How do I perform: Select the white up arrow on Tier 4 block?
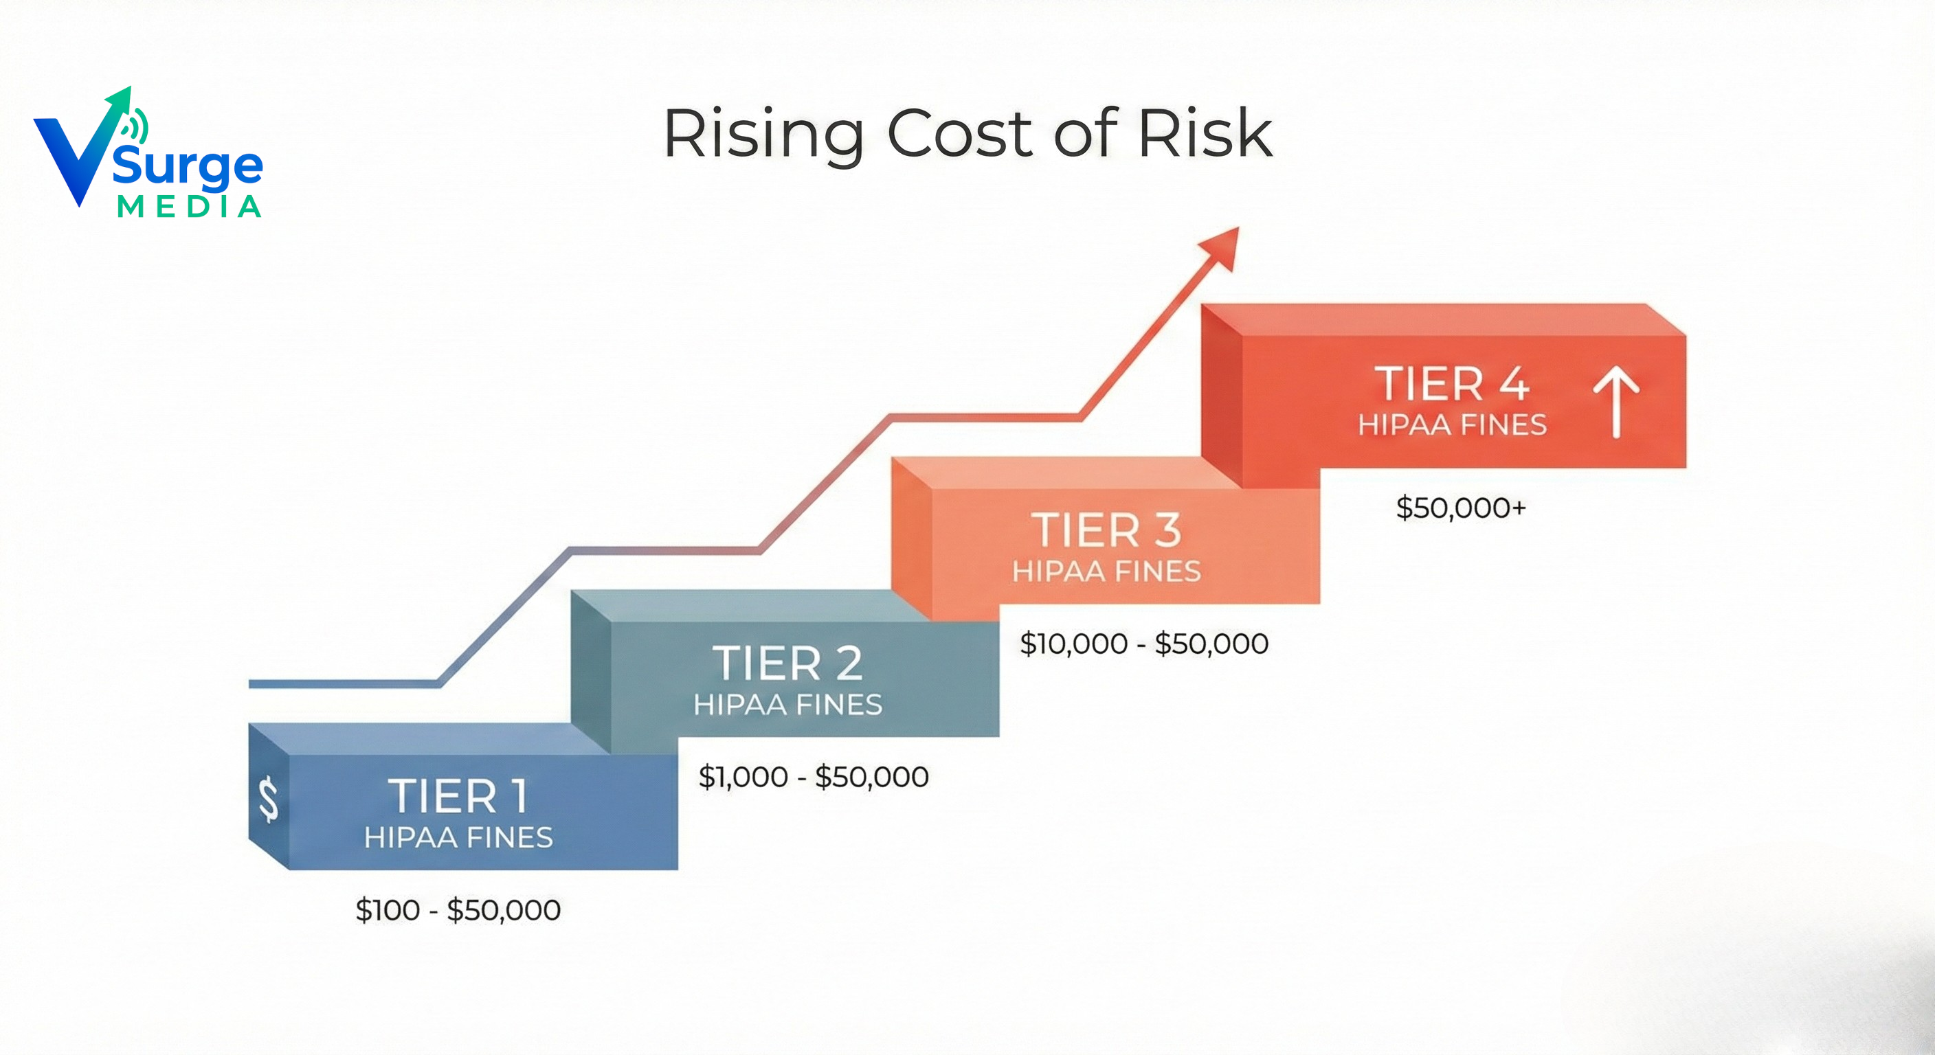tap(1615, 401)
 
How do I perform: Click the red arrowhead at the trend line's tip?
tap(1221, 248)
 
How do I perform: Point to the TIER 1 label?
tap(458, 796)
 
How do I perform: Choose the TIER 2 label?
tap(787, 663)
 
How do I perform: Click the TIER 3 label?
tap(1106, 530)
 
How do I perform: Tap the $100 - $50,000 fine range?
tap(458, 910)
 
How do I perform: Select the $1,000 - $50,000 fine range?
tap(814, 776)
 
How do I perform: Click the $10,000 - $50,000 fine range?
tap(1144, 644)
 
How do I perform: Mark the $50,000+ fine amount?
tap(1461, 508)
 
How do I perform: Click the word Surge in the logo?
tap(188, 167)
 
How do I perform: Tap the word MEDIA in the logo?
tap(189, 207)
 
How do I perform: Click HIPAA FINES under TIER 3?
tap(1106, 571)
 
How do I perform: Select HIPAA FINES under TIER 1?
tap(458, 837)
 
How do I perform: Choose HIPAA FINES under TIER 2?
tap(787, 704)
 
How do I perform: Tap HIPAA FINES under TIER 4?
tap(1452, 425)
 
